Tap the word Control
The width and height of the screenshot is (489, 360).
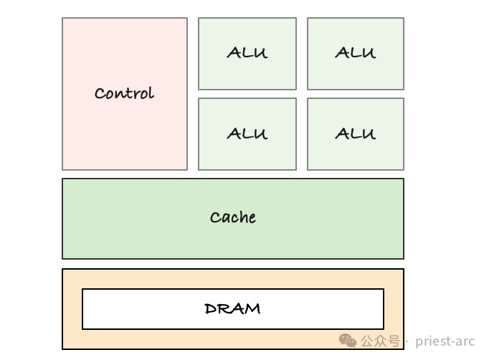click(x=124, y=93)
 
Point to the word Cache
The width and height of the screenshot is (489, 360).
click(x=232, y=217)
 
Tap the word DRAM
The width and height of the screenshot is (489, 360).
click(x=232, y=309)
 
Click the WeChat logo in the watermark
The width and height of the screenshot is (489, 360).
click(x=348, y=341)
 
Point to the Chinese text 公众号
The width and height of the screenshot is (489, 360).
click(x=380, y=341)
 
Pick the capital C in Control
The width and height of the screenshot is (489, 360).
click(x=100, y=94)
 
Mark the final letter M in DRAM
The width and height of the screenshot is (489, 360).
click(x=253, y=309)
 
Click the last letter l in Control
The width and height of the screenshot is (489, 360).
click(x=151, y=93)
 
